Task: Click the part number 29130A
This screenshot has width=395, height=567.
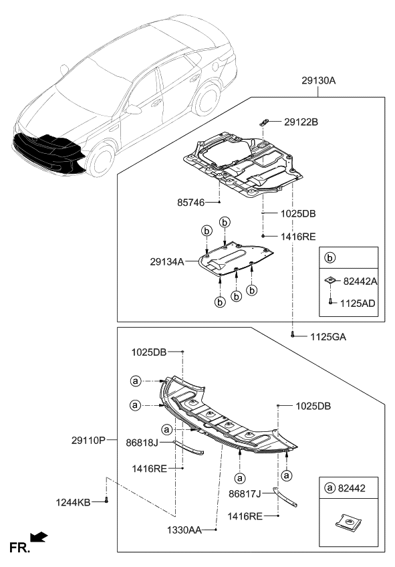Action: pyautogui.click(x=317, y=81)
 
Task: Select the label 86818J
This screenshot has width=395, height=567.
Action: pyautogui.click(x=142, y=442)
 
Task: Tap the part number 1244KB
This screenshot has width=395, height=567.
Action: pyautogui.click(x=74, y=501)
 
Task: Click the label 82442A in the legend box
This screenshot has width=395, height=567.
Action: pyautogui.click(x=359, y=283)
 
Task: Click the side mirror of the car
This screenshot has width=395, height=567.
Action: pyautogui.click(x=134, y=110)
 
